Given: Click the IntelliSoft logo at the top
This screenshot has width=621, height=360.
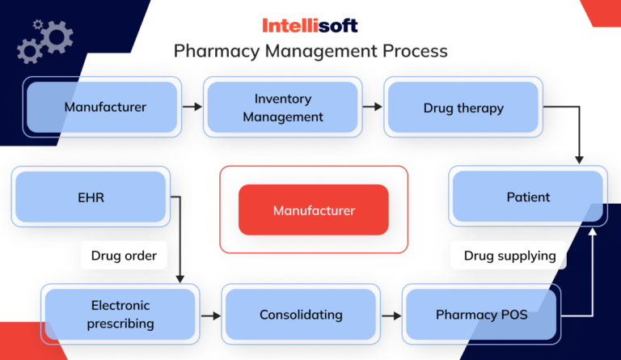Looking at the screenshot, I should pos(310,24).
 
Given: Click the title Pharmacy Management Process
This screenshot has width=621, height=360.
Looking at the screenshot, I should pos(310,52).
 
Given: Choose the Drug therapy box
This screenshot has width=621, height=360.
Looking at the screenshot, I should pos(463,108).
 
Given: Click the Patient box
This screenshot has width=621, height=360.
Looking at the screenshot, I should pos(528,197).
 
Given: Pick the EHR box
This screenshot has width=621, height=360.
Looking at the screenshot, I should pos(91,197).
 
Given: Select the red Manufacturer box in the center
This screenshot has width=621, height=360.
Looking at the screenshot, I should pos(314,210).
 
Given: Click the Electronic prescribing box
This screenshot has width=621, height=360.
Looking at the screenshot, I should pos(120,314).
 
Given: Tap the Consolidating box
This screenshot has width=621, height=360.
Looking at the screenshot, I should pos(301,314).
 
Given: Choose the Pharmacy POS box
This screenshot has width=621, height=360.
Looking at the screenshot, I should pos(481,314).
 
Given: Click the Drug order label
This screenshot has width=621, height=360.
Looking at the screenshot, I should pos(123,256).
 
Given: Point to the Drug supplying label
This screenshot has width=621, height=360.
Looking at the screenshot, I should pos(509,256).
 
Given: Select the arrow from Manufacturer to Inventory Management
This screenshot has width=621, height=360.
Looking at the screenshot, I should pos(192,107).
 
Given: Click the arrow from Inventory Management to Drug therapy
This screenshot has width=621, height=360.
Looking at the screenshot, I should pos(373,107).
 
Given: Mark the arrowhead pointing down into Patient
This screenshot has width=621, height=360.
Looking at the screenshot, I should pos(579,159).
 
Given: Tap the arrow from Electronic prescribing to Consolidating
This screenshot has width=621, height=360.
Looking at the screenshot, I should pos(211,315).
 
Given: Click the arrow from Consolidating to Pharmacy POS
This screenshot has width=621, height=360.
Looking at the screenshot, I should pos(391,315).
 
